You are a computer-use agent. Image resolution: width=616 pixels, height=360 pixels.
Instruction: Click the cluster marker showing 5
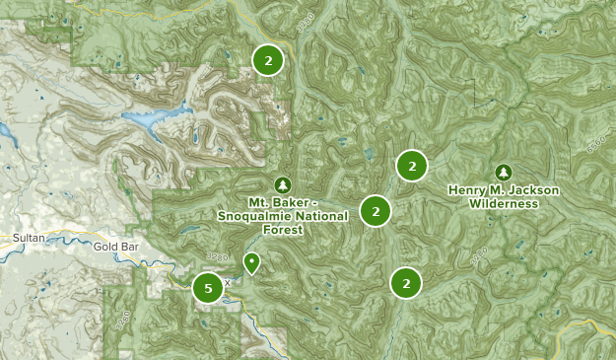[207, 288]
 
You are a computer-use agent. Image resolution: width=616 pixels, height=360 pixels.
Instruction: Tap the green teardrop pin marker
[251, 262]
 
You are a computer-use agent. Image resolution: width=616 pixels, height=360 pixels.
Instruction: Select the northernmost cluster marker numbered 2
[267, 60]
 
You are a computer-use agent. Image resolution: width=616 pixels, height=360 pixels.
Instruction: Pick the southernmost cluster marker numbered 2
[405, 283]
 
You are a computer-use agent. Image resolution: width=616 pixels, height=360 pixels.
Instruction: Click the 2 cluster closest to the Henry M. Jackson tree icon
[412, 166]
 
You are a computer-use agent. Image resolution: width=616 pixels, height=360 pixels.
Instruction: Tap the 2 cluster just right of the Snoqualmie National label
[376, 210]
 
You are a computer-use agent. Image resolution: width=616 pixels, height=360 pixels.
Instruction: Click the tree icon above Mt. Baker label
[283, 184]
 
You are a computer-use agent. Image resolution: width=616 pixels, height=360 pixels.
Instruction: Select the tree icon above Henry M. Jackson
[504, 172]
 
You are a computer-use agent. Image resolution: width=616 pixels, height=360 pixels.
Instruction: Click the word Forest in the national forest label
[282, 229]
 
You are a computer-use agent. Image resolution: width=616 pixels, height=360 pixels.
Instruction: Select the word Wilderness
[504, 204]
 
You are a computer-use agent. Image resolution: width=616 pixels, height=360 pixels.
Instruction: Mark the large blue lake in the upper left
[153, 120]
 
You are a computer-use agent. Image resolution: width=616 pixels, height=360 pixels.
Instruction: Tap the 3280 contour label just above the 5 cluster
[207, 255]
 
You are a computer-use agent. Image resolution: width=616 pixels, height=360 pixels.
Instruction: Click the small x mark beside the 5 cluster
[227, 282]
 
